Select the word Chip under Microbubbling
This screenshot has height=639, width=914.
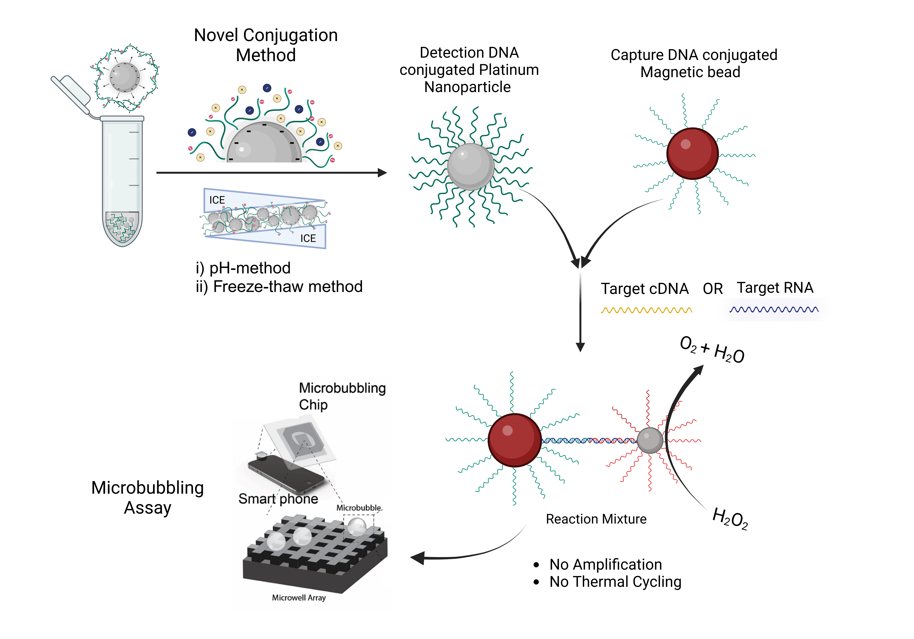click(x=313, y=405)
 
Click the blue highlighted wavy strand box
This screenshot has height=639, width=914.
click(x=774, y=309)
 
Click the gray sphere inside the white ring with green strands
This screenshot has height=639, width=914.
click(x=471, y=166)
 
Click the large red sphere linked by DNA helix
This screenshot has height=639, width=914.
click(x=514, y=440)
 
